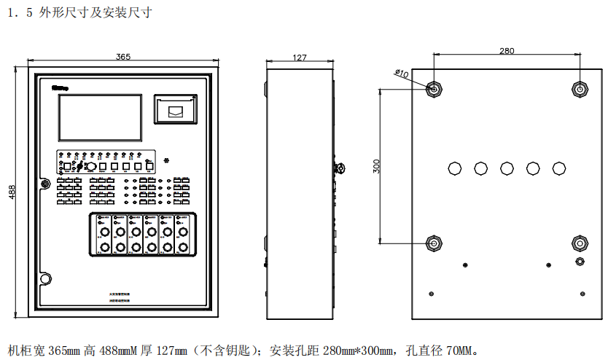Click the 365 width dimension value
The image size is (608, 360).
123,56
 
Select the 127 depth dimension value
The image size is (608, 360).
299,58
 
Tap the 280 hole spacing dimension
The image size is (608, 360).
507,50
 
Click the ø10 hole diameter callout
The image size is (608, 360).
401,74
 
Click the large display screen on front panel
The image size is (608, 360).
100,117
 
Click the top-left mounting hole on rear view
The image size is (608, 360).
434,88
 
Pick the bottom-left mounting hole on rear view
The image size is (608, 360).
434,242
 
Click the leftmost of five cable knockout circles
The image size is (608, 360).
454,168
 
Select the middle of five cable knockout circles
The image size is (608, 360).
507,168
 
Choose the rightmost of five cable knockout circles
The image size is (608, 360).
558,168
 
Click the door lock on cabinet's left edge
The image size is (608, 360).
44,183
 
